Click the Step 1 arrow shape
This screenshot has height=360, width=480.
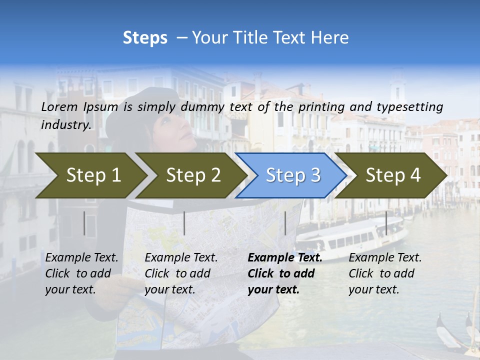point(90,175)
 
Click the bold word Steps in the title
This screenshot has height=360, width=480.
point(145,38)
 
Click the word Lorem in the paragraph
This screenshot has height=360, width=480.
point(59,106)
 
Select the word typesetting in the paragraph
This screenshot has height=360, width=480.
point(409,106)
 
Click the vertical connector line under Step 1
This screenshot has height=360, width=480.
point(84,223)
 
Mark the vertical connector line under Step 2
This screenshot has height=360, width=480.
point(184,223)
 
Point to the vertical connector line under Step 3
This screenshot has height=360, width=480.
point(285,223)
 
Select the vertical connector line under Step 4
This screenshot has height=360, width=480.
point(386,223)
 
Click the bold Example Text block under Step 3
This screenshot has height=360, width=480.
point(284,273)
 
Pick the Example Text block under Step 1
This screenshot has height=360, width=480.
point(81,273)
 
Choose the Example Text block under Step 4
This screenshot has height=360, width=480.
point(385,273)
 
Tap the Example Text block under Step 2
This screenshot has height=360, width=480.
point(181,273)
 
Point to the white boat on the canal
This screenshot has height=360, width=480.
point(350,235)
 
